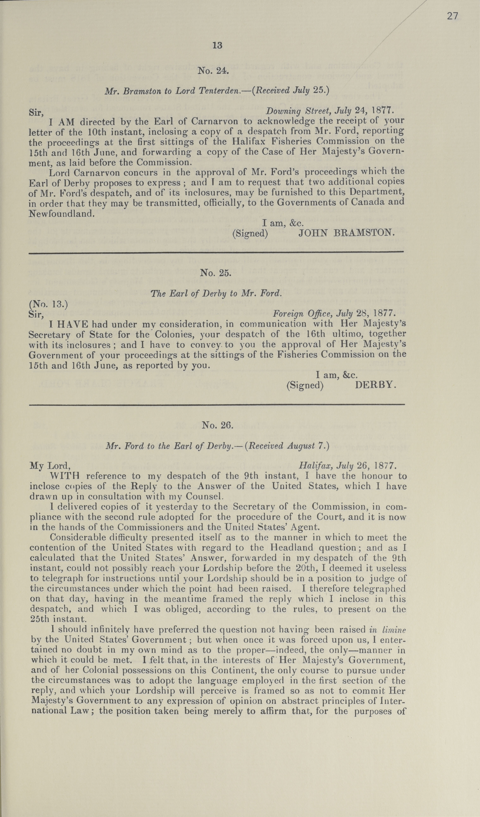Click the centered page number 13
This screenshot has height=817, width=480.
point(217,45)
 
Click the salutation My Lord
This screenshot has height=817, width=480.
point(50,466)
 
